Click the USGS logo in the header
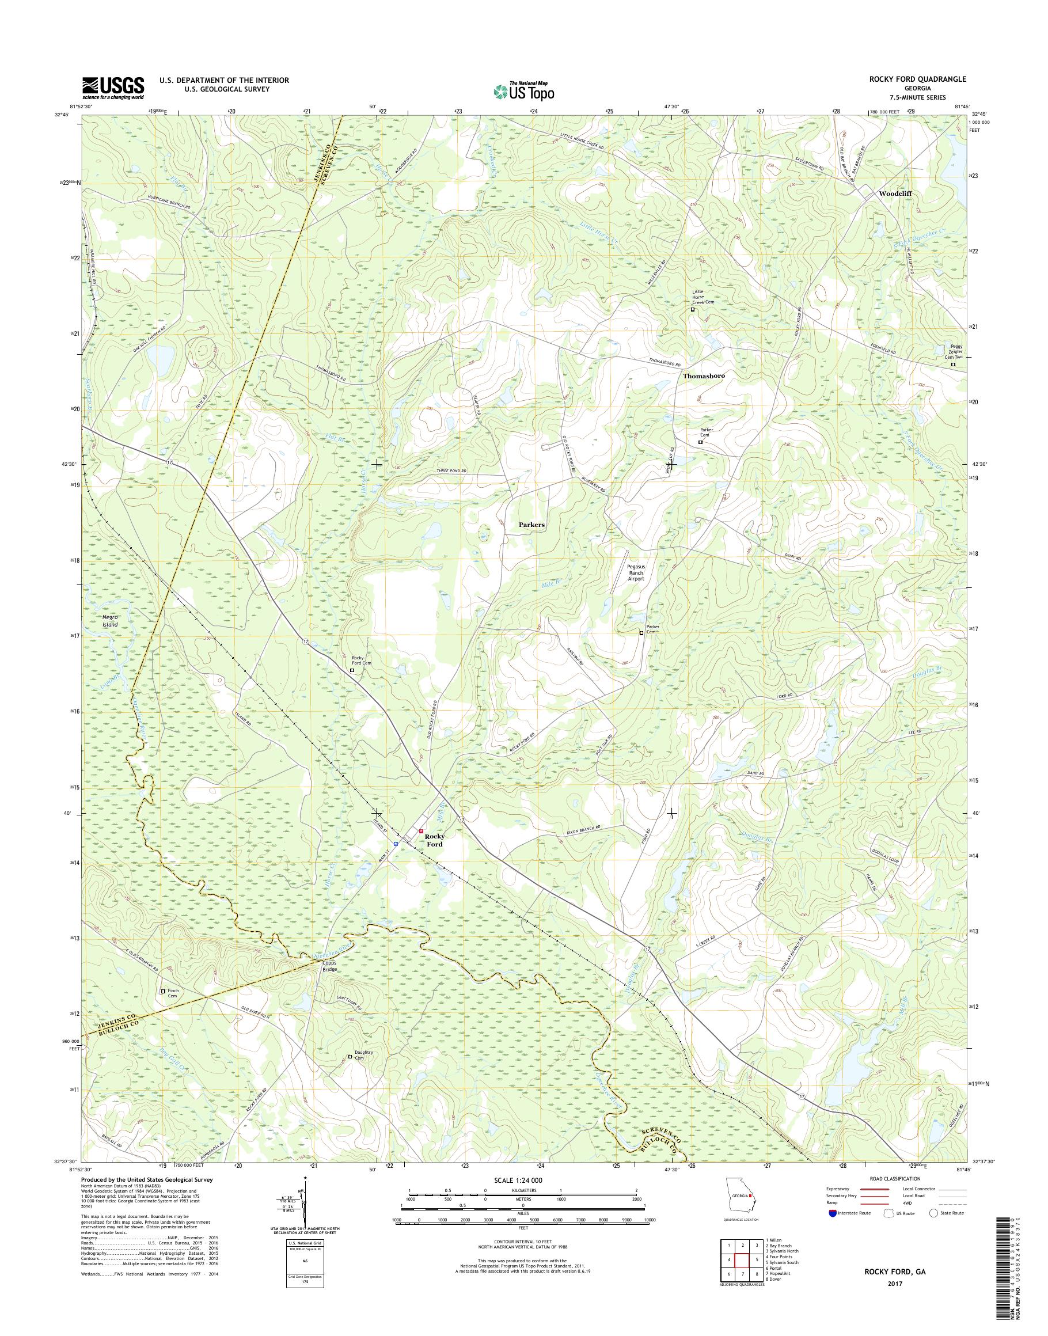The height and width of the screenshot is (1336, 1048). [113, 88]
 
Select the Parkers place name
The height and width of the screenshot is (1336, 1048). [531, 525]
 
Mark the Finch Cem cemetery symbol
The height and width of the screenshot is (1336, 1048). [162, 991]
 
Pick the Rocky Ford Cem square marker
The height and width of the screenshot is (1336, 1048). [352, 671]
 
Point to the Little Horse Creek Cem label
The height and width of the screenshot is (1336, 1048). [703, 297]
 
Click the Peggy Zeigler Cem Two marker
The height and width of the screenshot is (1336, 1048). [953, 365]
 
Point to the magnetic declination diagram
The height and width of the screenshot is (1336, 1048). [301, 1211]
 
